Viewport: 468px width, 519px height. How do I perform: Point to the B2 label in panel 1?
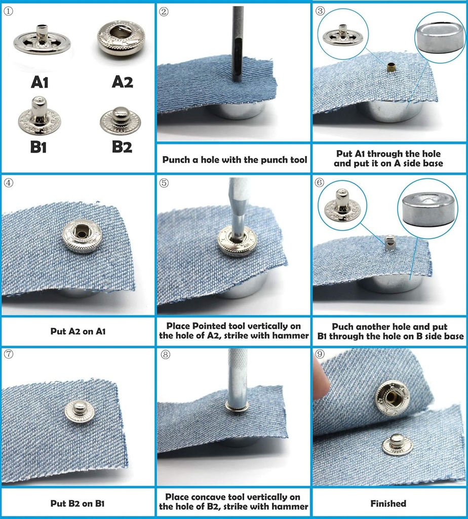pyautogui.click(x=122, y=146)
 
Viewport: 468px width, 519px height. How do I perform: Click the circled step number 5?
pyautogui.click(x=164, y=182)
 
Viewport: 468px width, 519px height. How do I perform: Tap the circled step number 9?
pyautogui.click(x=320, y=354)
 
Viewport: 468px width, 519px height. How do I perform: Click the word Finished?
pyautogui.click(x=388, y=503)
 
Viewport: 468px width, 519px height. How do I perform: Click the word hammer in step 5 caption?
pyautogui.click(x=292, y=336)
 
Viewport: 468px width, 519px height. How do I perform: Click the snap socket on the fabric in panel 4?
pyautogui.click(x=82, y=236)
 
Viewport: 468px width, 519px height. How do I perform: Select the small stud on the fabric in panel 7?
pyautogui.click(x=80, y=411)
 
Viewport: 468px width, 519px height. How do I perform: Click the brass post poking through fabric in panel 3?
pyautogui.click(x=391, y=67)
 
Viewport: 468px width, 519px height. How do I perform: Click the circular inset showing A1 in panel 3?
pyautogui.click(x=343, y=35)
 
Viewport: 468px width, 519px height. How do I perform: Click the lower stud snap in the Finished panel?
pyautogui.click(x=397, y=444)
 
